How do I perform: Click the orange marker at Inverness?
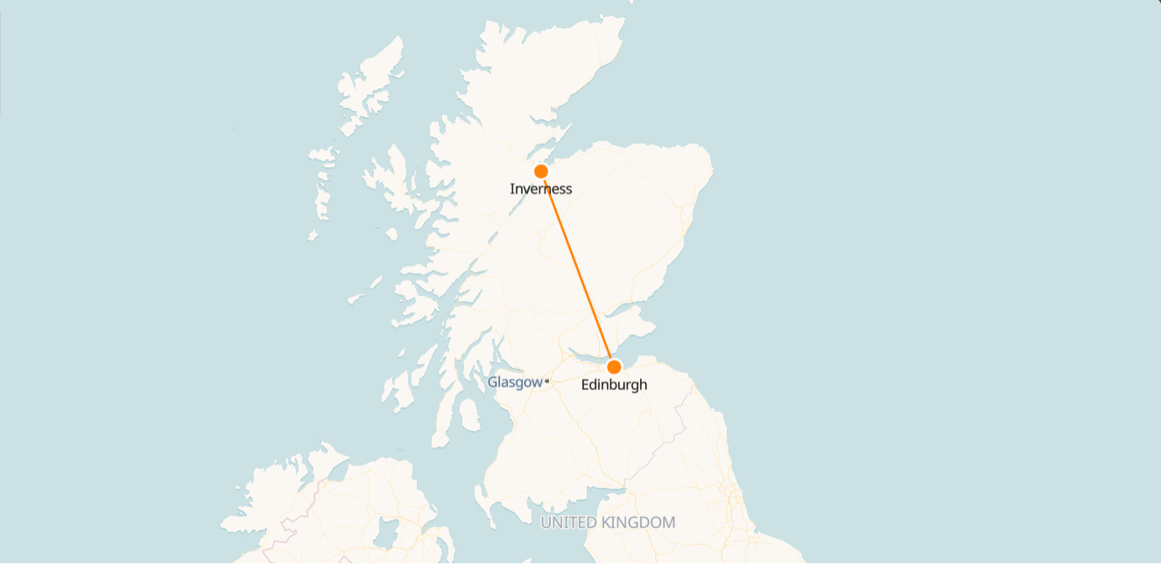pyautogui.click(x=541, y=171)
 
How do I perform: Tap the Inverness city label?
pyautogui.click(x=540, y=189)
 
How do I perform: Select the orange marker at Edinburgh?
pyautogui.click(x=614, y=366)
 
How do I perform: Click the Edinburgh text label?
pyautogui.click(x=614, y=385)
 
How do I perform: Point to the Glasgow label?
pyautogui.click(x=515, y=382)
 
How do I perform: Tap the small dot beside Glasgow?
pyautogui.click(x=546, y=381)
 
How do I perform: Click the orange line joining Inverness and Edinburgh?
pyautogui.click(x=578, y=269)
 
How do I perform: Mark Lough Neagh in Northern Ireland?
pyautogui.click(x=386, y=530)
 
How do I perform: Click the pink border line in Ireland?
pyautogui.click(x=285, y=530)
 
